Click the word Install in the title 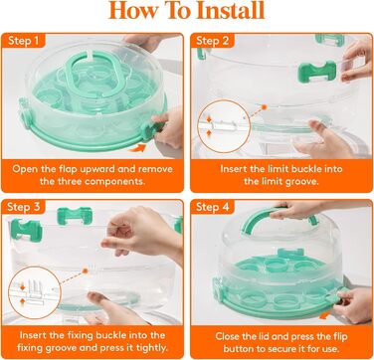[231, 10]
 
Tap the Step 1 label [23, 41]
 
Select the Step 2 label [213, 41]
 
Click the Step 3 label [23, 207]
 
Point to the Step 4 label [213, 207]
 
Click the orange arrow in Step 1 [137, 148]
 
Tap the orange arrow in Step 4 [325, 315]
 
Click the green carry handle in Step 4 [262, 219]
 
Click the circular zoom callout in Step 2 [224, 126]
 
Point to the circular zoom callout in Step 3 [35, 292]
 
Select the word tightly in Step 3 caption [151, 348]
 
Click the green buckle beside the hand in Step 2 [317, 72]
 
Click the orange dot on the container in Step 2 [265, 107]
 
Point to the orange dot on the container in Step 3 [85, 270]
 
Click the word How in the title [132, 10]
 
